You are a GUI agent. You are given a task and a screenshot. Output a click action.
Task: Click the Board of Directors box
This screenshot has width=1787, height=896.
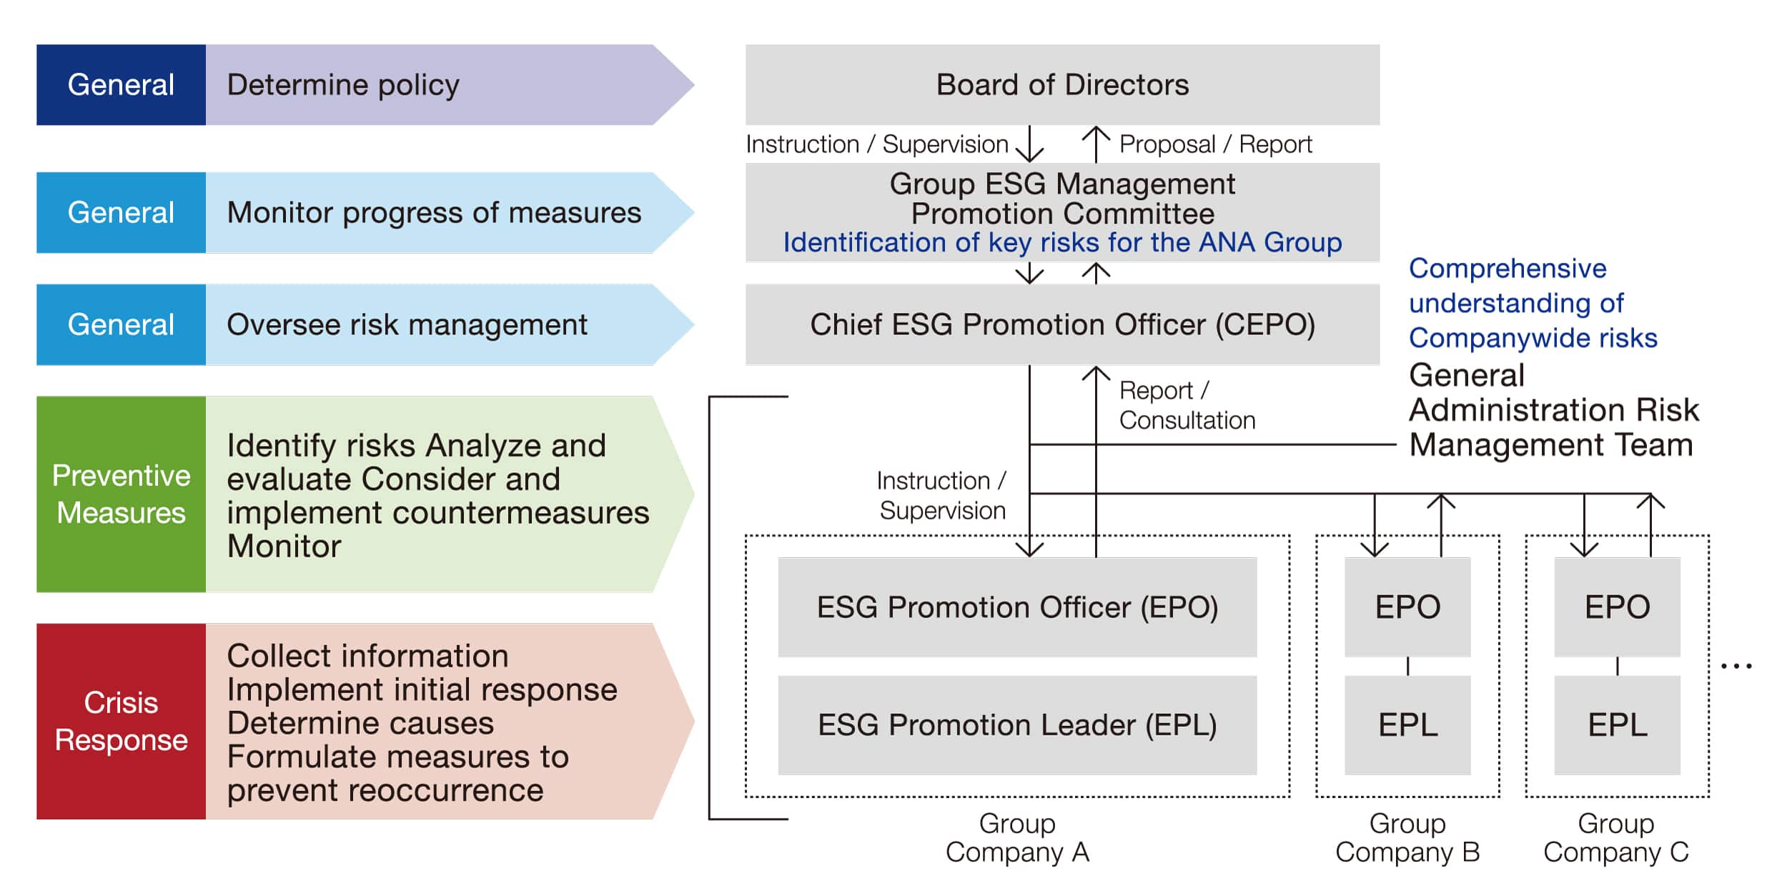(1062, 85)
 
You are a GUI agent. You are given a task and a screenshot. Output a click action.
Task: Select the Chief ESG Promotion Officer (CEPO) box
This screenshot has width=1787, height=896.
(1062, 324)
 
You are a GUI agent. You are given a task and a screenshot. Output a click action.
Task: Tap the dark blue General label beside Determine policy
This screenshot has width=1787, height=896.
(121, 85)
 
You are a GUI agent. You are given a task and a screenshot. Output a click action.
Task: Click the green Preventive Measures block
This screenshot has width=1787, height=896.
(121, 494)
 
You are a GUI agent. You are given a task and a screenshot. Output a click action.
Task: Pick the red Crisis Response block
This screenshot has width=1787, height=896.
(121, 721)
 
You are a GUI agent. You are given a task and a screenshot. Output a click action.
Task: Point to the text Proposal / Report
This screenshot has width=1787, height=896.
(1215, 144)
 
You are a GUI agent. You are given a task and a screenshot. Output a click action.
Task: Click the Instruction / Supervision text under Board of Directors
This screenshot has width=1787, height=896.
(876, 144)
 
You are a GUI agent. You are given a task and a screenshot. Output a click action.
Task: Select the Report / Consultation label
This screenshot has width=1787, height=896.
(1187, 405)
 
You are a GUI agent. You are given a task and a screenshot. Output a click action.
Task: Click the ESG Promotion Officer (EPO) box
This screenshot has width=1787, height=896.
(1017, 607)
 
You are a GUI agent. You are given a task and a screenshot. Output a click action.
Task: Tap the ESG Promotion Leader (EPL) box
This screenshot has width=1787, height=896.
(1017, 725)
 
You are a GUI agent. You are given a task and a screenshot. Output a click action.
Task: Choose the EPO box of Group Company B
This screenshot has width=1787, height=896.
(1407, 607)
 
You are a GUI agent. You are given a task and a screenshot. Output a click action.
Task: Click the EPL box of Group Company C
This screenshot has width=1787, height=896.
(1617, 725)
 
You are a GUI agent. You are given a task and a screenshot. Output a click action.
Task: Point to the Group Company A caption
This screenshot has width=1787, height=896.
(1017, 838)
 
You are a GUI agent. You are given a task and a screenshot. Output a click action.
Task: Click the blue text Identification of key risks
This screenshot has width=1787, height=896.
(1062, 243)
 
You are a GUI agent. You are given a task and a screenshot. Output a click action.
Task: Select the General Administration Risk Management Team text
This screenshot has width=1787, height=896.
(1553, 410)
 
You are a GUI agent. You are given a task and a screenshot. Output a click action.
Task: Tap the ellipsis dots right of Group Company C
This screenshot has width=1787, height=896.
(1736, 666)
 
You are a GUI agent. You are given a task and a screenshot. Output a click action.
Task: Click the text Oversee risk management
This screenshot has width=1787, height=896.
(407, 325)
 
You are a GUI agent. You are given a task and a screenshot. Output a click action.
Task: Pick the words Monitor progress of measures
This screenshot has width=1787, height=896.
(434, 213)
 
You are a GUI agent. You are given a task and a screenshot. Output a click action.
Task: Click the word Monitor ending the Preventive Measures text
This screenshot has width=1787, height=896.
(284, 547)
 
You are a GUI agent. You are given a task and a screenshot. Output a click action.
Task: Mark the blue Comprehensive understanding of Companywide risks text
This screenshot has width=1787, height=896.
(1532, 303)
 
